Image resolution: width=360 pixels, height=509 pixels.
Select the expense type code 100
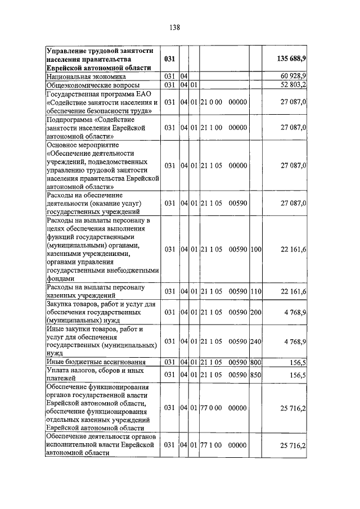point(256,249)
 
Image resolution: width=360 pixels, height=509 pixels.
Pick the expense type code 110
point(256,291)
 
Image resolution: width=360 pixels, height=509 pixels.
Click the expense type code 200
point(256,312)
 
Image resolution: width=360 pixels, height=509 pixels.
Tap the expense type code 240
point(256,341)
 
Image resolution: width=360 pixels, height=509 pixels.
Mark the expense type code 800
point(256,362)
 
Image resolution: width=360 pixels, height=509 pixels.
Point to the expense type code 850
point(256,375)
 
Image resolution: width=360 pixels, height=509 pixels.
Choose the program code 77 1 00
point(211,445)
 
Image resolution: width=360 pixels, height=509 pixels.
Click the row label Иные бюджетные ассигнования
point(96,362)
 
